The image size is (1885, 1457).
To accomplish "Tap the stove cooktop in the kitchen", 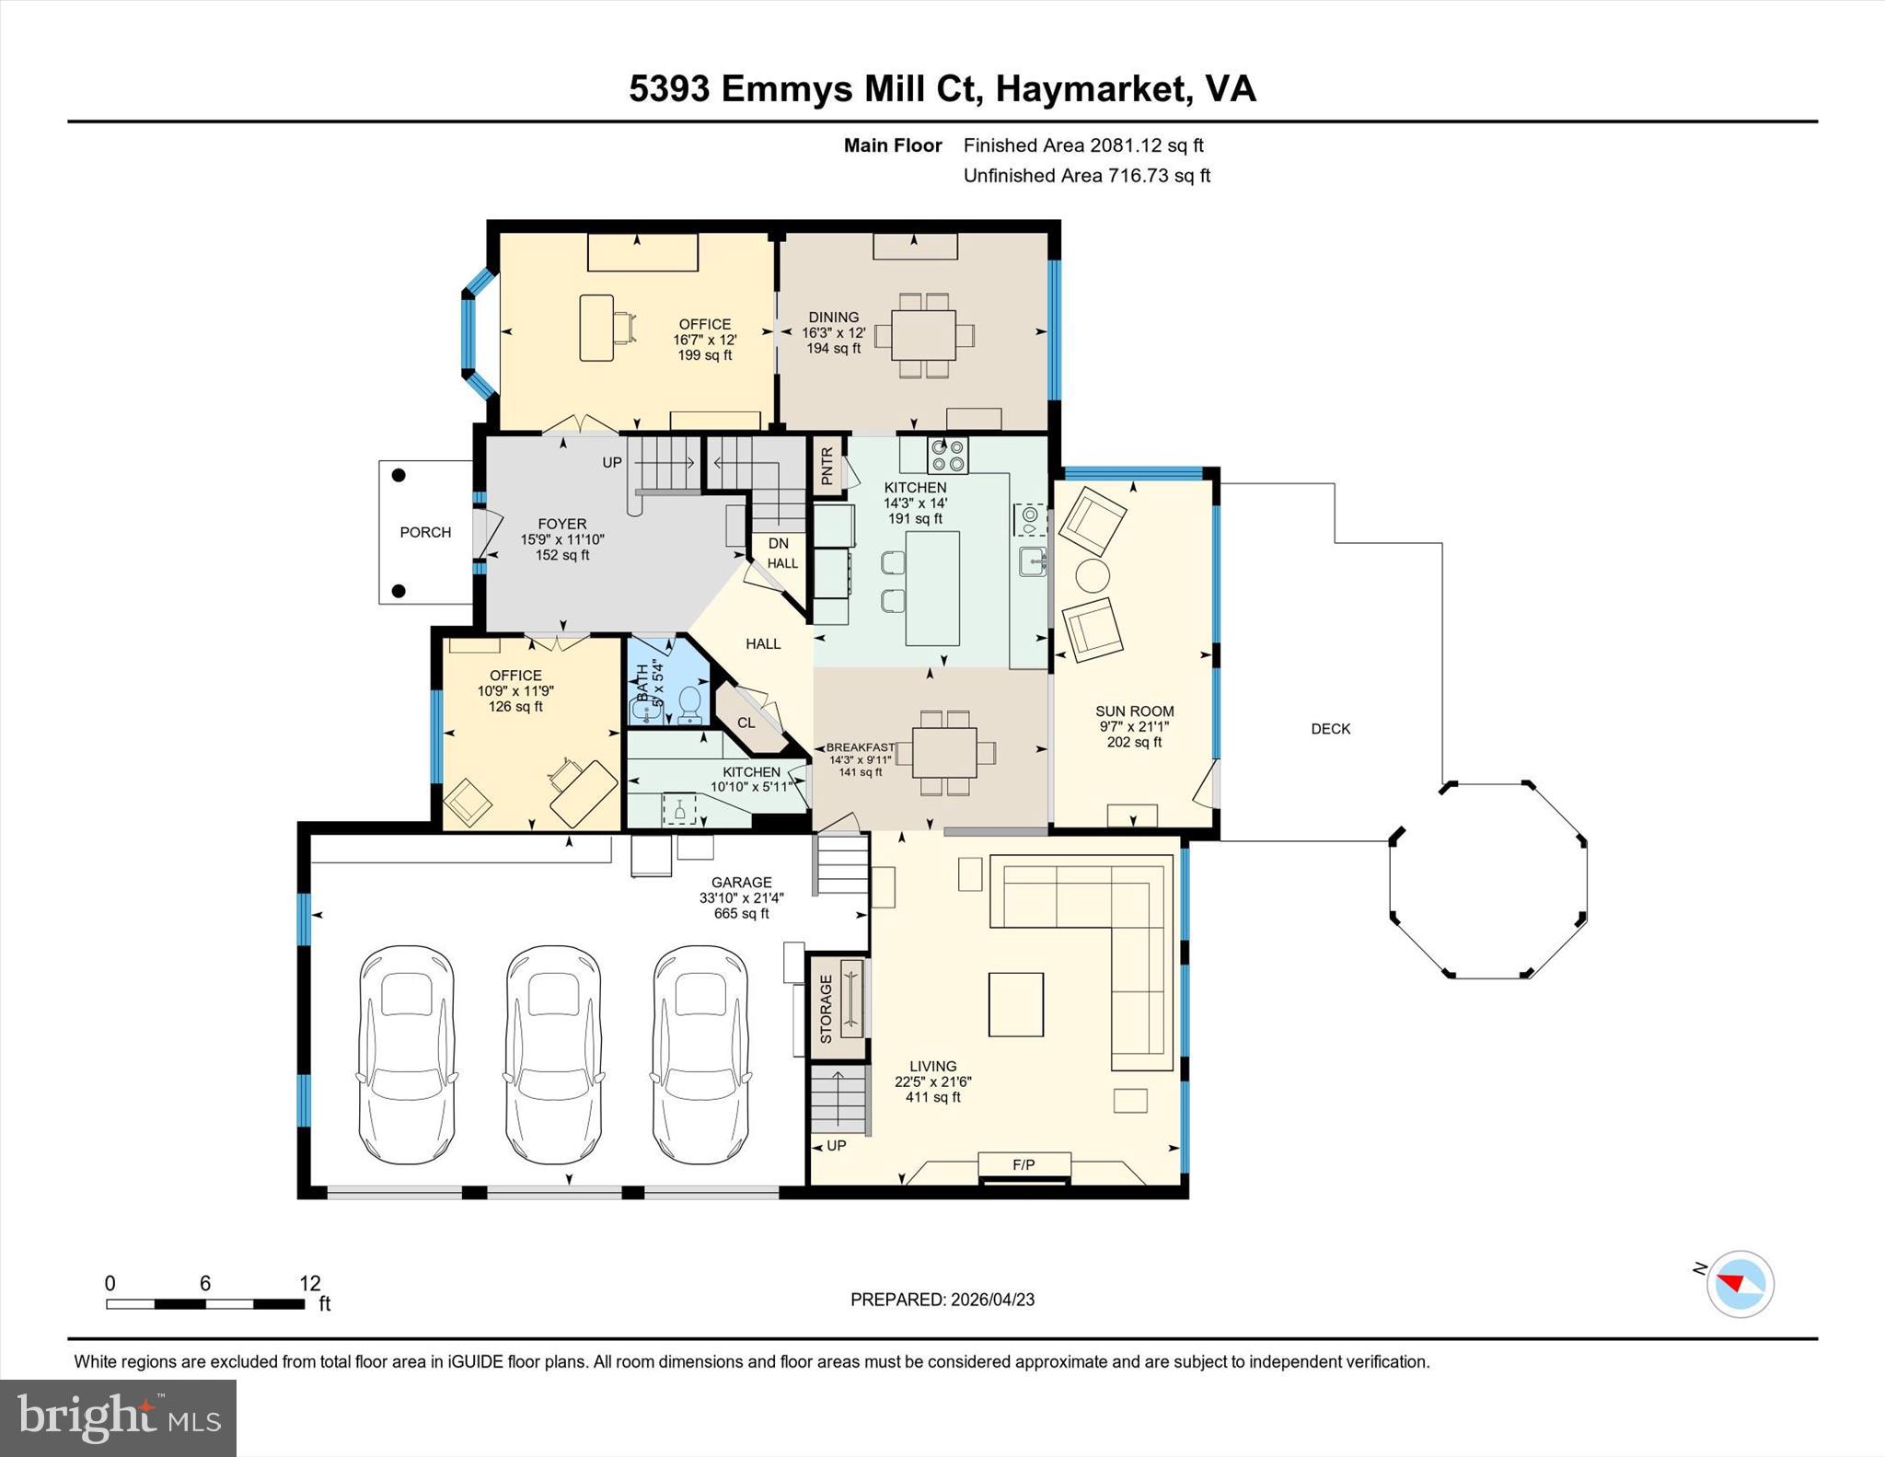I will tap(947, 455).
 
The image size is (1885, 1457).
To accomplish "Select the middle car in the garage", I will tap(553, 1055).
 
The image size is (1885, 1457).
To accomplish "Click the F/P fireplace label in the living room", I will tap(1023, 1164).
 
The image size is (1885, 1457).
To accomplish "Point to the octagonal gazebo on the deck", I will tap(1488, 880).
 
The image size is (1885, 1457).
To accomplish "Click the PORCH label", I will tap(425, 532).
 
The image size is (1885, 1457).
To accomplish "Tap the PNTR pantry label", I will tap(827, 466).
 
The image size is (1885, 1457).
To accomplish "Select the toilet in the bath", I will tap(689, 705).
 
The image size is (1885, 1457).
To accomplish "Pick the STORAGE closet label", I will tap(826, 1009).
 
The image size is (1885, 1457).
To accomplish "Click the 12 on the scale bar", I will tap(309, 1283).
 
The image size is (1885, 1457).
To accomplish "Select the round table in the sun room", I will tap(1093, 576).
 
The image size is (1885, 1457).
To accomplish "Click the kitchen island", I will tap(931, 588).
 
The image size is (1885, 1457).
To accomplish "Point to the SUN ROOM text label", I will tap(1134, 711).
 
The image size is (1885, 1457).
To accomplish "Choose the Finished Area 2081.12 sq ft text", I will tap(1082, 145).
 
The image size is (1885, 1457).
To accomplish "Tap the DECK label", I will tap(1330, 729).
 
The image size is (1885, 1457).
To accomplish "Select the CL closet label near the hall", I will tap(746, 723).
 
